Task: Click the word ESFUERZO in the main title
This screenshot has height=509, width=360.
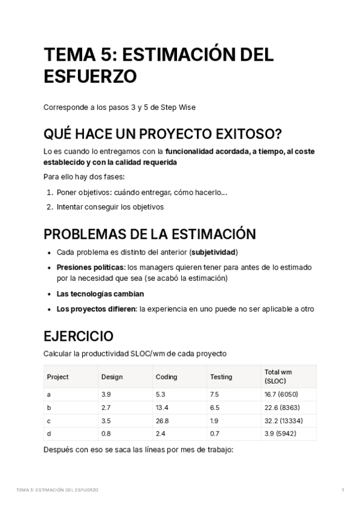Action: pyautogui.click(x=90, y=77)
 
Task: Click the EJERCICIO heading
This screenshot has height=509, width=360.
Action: pyautogui.click(x=78, y=336)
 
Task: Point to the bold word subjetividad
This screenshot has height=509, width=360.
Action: pyautogui.click(x=213, y=252)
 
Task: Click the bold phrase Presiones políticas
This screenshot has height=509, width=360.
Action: pyautogui.click(x=91, y=267)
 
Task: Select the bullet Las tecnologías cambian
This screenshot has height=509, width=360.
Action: pyautogui.click(x=100, y=294)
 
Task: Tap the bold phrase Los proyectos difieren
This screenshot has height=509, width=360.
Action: pyautogui.click(x=96, y=309)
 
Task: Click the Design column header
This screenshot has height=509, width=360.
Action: pyautogui.click(x=112, y=377)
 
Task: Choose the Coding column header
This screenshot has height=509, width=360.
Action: pyautogui.click(x=166, y=377)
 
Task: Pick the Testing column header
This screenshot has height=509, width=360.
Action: pyautogui.click(x=221, y=377)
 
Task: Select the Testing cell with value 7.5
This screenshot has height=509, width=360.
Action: pyautogui.click(x=215, y=394)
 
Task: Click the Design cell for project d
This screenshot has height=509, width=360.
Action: pyautogui.click(x=106, y=434)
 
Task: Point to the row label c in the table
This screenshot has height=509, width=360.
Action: pyautogui.click(x=49, y=421)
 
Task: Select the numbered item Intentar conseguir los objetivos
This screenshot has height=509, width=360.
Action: pyautogui.click(x=110, y=207)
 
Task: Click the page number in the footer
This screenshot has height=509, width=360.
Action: pyautogui.click(x=342, y=490)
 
